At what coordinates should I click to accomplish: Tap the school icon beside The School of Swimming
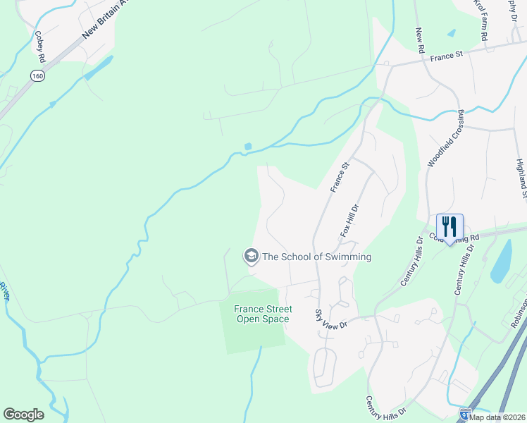point(250,257)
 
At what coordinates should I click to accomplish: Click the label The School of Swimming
point(316,257)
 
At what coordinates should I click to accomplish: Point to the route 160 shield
point(35,75)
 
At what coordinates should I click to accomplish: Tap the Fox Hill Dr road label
point(350,221)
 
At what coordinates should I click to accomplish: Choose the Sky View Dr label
point(330,319)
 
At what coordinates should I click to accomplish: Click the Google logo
point(23,415)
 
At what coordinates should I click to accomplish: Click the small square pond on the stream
point(247,147)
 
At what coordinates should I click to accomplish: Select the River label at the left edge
point(4,290)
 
